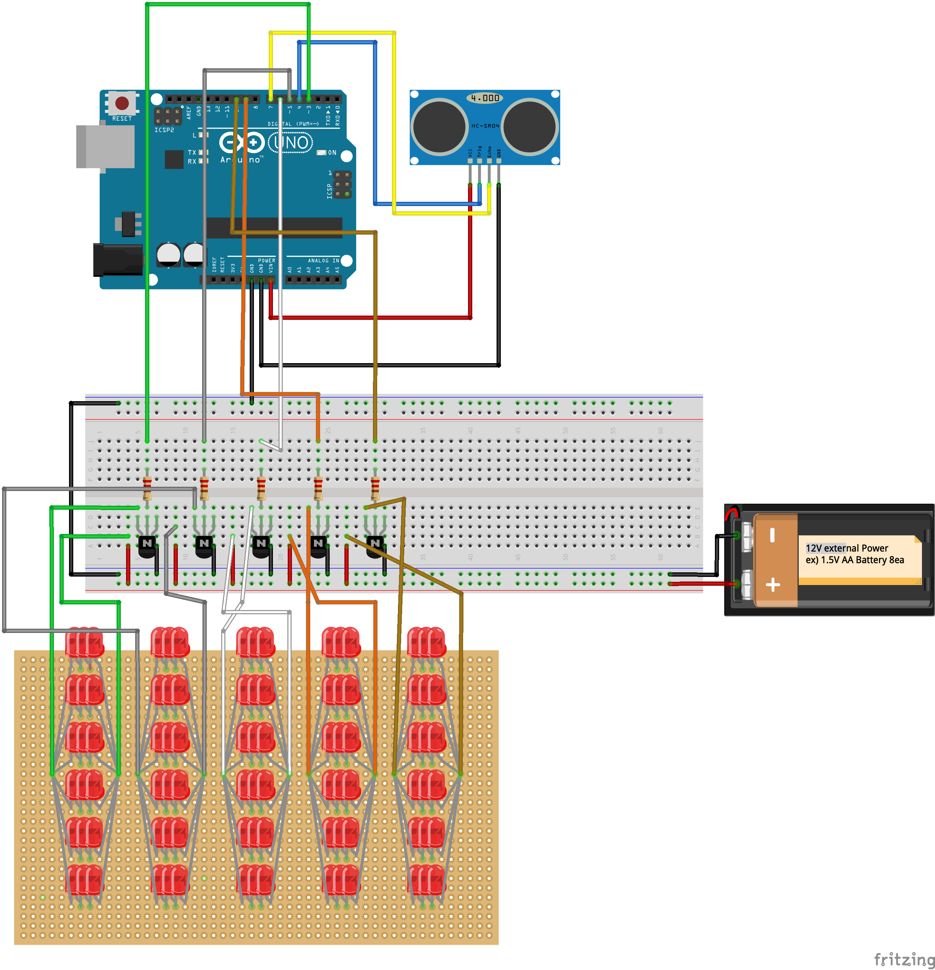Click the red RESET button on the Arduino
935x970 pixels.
(122, 103)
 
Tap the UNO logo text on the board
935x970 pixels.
(291, 143)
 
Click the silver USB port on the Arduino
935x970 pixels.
(105, 147)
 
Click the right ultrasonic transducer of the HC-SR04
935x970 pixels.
(529, 126)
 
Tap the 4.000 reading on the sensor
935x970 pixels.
(485, 98)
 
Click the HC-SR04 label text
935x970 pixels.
(485, 126)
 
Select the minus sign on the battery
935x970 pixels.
(772, 535)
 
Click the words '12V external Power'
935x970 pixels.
(847, 548)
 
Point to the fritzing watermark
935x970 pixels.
(903, 959)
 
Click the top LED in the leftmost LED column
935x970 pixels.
(85, 642)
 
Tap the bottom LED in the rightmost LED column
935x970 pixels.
(426, 880)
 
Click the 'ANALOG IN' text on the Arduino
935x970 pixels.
(323, 260)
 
